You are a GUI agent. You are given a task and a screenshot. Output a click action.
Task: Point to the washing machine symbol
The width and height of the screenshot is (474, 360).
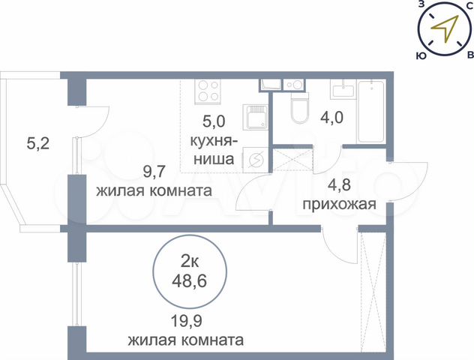255,157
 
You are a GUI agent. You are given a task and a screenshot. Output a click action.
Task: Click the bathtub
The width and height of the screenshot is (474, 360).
372,112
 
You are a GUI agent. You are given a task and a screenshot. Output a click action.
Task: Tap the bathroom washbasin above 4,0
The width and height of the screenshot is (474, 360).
344,88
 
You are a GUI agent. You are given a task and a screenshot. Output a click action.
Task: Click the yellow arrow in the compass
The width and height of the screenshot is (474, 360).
445,28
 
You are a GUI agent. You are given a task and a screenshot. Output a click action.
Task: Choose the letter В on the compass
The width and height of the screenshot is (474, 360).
469,55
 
